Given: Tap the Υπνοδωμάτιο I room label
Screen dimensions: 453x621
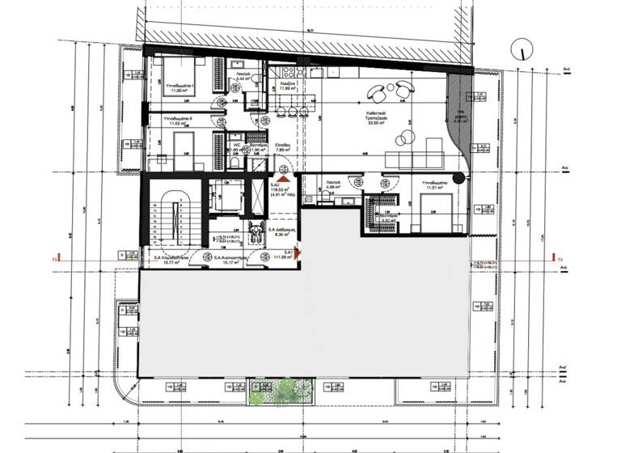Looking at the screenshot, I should (x=177, y=87).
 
